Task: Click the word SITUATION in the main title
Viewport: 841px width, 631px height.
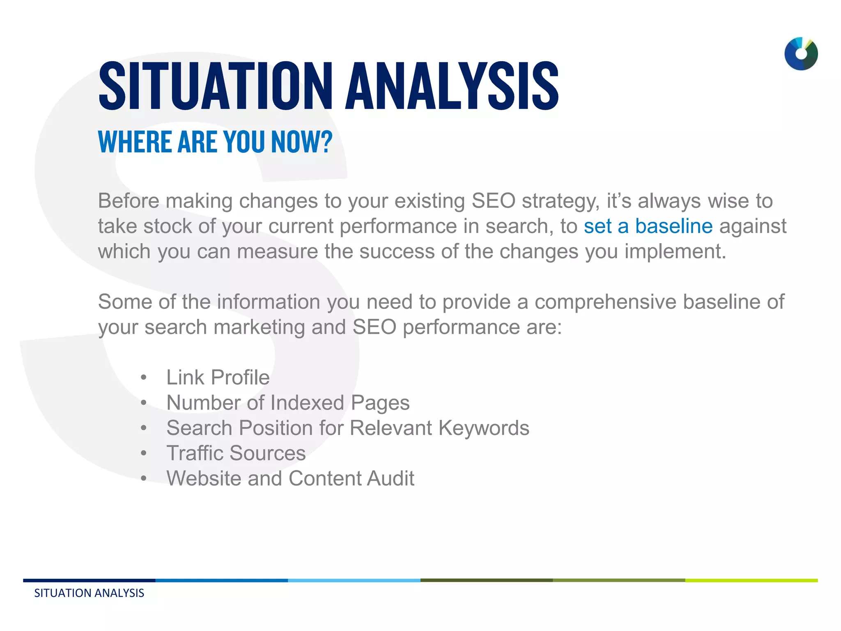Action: [215, 86]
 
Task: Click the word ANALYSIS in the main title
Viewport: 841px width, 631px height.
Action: [452, 86]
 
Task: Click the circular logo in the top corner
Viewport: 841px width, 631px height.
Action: [801, 54]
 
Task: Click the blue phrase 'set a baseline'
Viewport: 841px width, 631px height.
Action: [648, 226]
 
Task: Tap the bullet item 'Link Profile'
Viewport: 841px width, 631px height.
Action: [218, 378]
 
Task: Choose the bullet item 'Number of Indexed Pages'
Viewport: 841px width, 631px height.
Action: [287, 403]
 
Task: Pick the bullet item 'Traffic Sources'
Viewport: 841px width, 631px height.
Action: [236, 453]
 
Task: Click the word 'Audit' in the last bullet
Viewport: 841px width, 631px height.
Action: [391, 479]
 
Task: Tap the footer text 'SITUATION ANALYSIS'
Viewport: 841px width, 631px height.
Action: [89, 593]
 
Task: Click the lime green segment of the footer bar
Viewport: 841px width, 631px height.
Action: [751, 580]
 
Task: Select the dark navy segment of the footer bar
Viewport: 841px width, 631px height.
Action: [89, 580]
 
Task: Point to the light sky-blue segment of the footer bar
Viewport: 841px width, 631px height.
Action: [354, 580]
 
